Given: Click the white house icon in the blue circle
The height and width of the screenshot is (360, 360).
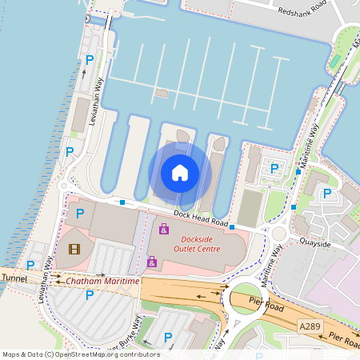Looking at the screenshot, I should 180,172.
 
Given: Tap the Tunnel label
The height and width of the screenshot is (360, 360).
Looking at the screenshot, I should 14,278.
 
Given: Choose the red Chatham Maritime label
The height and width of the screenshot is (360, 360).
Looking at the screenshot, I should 102,282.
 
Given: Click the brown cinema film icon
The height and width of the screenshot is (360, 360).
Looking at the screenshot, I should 74,249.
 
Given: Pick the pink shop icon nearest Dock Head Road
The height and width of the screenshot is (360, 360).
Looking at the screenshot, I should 164,230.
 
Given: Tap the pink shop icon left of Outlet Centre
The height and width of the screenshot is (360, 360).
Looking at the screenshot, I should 151,261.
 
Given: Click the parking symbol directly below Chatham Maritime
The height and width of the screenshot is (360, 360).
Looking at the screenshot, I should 90,295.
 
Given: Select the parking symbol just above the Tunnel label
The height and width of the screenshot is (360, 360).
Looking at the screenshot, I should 30,266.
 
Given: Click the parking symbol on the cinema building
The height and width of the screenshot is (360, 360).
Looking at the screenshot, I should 79,213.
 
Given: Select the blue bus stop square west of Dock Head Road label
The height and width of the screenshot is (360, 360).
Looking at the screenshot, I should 122,202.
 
